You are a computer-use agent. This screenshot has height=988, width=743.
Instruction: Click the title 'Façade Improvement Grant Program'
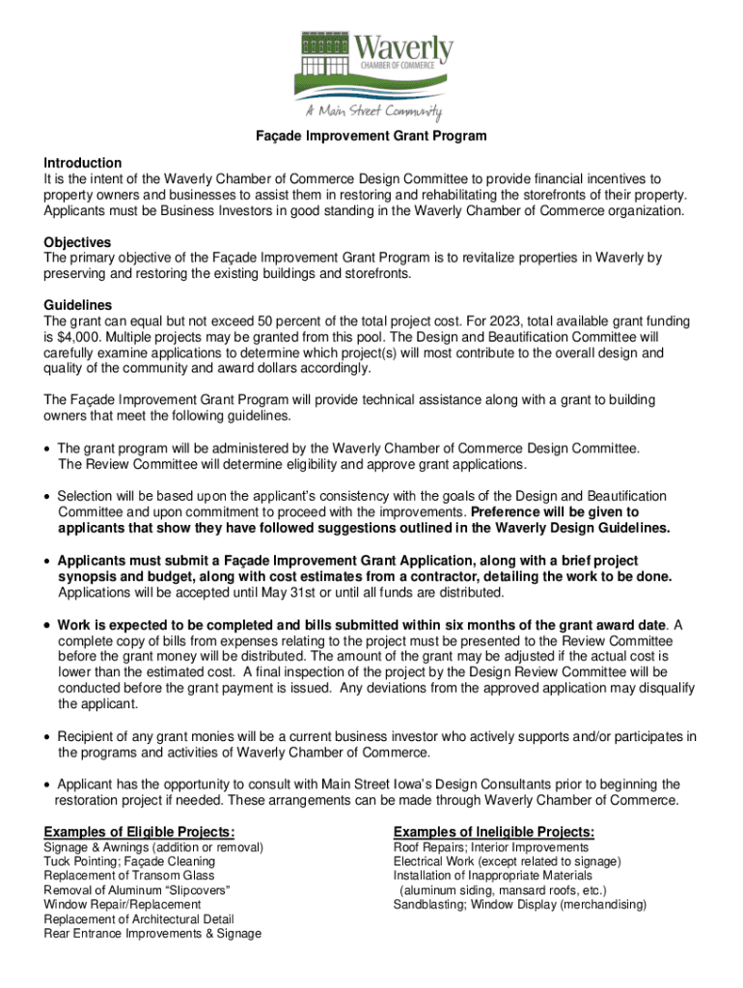coord(371,136)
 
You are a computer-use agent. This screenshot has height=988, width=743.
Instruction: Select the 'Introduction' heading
coord(83,163)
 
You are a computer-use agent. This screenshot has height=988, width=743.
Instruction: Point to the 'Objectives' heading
coord(77,242)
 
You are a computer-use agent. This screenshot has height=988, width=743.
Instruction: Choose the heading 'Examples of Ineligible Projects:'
coord(493,832)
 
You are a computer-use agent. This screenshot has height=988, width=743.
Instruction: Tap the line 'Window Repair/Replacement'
coord(123,904)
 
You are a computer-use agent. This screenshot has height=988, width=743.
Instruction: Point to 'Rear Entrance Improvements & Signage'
coord(152,933)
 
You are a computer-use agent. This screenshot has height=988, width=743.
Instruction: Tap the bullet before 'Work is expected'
coord(47,624)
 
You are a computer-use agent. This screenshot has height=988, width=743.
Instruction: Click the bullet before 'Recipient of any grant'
coord(47,737)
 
